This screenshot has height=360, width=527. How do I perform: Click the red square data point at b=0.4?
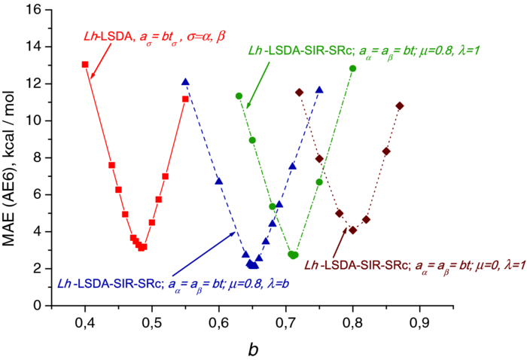[x=85, y=65]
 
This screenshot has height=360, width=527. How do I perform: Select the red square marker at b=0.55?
[x=185, y=99]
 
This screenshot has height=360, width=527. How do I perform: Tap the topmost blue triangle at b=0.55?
[x=185, y=81]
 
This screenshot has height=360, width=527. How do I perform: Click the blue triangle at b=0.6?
[x=219, y=181]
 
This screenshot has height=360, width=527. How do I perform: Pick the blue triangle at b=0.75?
[x=319, y=90]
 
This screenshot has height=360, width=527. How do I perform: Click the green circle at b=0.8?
[x=352, y=69]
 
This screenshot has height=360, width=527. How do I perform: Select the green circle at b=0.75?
[x=319, y=182]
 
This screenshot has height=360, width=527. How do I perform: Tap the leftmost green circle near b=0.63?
[x=239, y=96]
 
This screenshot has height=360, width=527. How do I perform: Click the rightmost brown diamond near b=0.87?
[x=400, y=105]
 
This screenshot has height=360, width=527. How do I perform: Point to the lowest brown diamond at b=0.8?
[x=352, y=230]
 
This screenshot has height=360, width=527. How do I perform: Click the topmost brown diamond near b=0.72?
[x=299, y=92]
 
